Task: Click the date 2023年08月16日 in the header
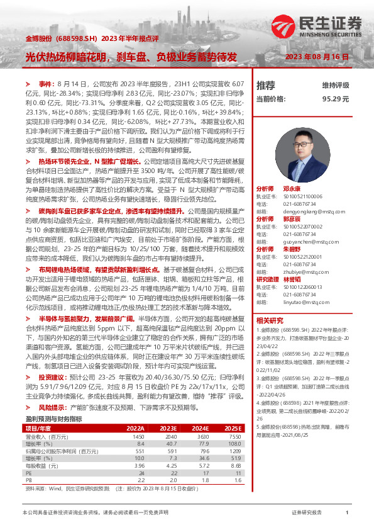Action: [x=317, y=57]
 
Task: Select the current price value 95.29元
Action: [x=336, y=99]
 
